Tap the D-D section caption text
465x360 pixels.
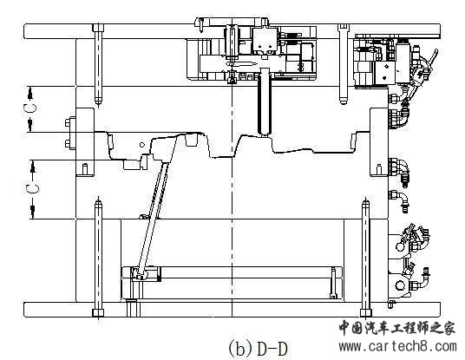pos(272,349)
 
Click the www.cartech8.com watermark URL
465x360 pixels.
pos(397,346)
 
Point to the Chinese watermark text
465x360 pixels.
pos(397,328)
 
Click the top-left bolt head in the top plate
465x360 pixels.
pos(98,28)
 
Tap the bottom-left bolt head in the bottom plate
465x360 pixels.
pos(98,313)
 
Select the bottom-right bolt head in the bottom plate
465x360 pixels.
pos(366,313)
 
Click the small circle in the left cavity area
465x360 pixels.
pos(142,145)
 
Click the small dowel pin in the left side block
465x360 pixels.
pos(85,169)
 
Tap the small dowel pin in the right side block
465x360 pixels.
pos(379,169)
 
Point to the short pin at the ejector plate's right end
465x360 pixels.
pos(333,282)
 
